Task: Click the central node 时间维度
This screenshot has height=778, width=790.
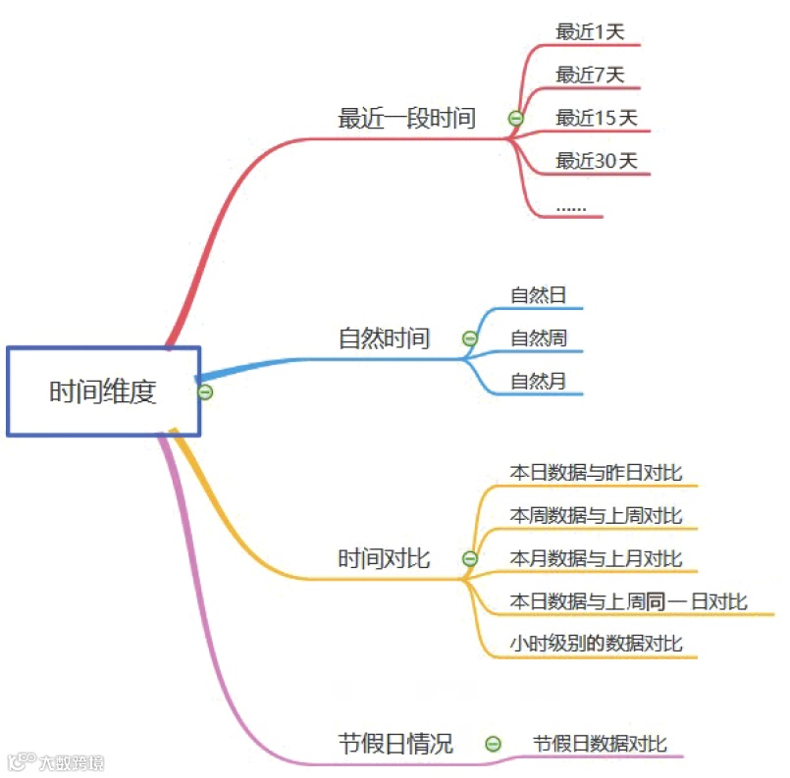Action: tap(103, 391)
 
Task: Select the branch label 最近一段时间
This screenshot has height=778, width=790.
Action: tap(406, 119)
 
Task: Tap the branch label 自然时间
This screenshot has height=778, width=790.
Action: tap(384, 339)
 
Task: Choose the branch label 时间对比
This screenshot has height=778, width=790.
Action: tap(384, 559)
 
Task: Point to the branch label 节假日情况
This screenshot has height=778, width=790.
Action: tap(395, 744)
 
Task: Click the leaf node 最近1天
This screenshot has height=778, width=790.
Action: tap(590, 31)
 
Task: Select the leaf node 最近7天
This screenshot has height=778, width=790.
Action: tap(590, 75)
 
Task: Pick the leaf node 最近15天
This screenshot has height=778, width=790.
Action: tap(597, 118)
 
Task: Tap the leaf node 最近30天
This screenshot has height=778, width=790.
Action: tap(597, 161)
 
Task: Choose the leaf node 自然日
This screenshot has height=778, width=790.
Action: tap(538, 294)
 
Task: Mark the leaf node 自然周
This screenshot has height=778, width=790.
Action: tap(538, 338)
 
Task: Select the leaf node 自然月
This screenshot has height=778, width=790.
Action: tap(538, 382)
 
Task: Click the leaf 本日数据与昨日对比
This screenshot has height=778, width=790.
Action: tap(596, 472)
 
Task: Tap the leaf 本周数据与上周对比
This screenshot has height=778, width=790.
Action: tap(596, 515)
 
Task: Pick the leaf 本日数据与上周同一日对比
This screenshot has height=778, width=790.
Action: tap(628, 601)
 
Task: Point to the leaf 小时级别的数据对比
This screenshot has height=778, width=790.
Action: tap(596, 644)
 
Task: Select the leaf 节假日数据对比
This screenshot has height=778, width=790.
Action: tap(600, 744)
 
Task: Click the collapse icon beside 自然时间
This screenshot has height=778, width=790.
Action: tap(470, 339)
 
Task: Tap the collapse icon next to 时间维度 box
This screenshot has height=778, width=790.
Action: tap(205, 392)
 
